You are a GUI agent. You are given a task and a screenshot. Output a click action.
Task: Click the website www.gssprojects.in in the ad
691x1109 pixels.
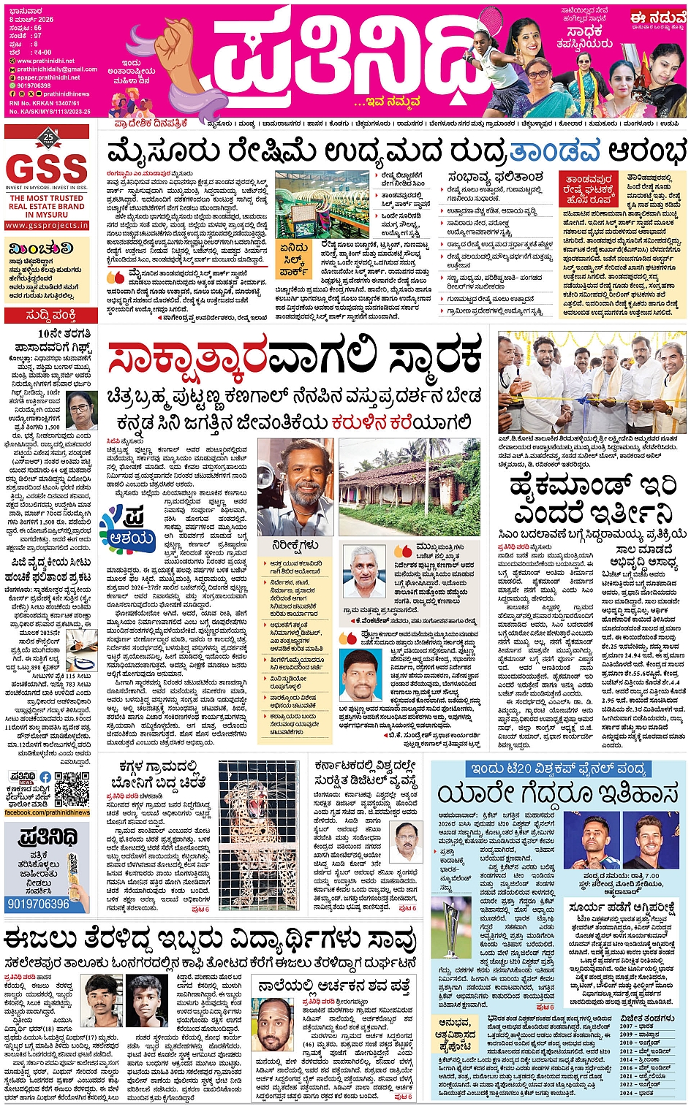click(x=46, y=226)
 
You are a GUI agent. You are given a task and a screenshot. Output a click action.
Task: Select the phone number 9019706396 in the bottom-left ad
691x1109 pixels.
click(x=38, y=904)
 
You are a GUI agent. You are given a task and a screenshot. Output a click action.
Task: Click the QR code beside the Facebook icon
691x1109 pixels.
click(x=72, y=788)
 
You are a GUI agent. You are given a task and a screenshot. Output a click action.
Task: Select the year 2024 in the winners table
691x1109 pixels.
click(x=627, y=1093)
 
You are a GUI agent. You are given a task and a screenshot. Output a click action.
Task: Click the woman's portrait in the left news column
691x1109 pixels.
click(x=81, y=412)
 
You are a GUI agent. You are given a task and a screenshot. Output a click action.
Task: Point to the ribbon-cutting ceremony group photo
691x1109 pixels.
click(x=591, y=381)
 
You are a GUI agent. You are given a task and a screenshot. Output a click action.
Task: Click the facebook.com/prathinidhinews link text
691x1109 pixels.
click(x=48, y=812)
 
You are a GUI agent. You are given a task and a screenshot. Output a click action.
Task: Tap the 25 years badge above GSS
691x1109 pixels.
click(x=48, y=137)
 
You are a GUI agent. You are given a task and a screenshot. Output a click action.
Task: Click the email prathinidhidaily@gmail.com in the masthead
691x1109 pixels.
click(x=57, y=69)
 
